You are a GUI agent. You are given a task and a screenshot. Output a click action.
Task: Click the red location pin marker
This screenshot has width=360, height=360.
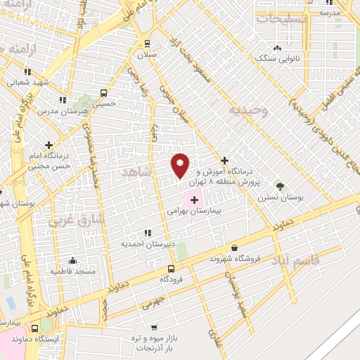coord(181,165)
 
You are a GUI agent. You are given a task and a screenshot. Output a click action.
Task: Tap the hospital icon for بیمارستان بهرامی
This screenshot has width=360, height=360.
coord(195,201)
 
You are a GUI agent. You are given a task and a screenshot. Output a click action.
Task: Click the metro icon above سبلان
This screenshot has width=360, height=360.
coord(146,43)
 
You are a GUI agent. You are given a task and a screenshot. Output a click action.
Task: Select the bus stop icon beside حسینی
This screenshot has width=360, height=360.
coord(104,93)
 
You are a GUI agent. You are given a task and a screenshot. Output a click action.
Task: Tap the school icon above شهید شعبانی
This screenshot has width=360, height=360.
coord(27,72)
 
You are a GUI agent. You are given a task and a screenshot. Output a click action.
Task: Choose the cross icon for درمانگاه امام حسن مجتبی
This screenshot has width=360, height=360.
coord(49,144)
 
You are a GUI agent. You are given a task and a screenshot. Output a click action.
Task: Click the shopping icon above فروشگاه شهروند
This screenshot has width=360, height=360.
coord(234,247)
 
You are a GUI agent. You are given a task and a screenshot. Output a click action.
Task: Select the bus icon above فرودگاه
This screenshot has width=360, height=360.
coord(171,269)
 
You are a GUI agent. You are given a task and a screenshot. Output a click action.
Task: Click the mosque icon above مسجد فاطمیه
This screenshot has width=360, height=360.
coord(71,260)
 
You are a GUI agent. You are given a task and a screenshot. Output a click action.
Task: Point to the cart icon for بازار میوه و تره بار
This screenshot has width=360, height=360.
coord(154,327)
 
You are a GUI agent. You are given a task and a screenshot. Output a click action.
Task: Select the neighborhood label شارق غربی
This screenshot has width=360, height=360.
coord(75,220)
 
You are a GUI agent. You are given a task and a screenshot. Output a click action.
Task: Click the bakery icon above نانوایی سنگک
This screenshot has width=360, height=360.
coord(277,48)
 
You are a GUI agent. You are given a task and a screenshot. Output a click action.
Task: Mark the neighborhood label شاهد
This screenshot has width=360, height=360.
coord(136,172)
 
